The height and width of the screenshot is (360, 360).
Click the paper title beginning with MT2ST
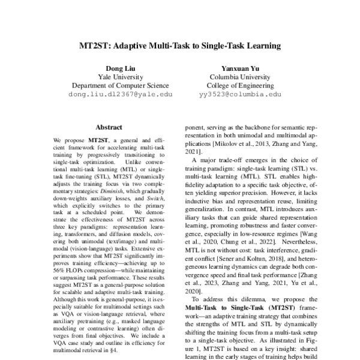click(180, 45)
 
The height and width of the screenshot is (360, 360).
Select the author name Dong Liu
click(120, 68)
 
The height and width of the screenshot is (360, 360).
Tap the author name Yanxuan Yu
click(239, 68)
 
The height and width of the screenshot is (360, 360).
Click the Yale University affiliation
click(120, 77)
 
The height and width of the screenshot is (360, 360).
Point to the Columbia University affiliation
click(239, 77)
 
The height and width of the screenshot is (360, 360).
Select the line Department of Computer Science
click(120, 85)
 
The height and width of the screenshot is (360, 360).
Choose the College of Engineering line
click(239, 85)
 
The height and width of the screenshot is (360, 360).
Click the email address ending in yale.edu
click(120, 94)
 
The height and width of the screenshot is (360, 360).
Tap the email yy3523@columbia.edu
click(239, 94)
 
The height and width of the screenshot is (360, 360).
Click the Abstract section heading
click(109, 127)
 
